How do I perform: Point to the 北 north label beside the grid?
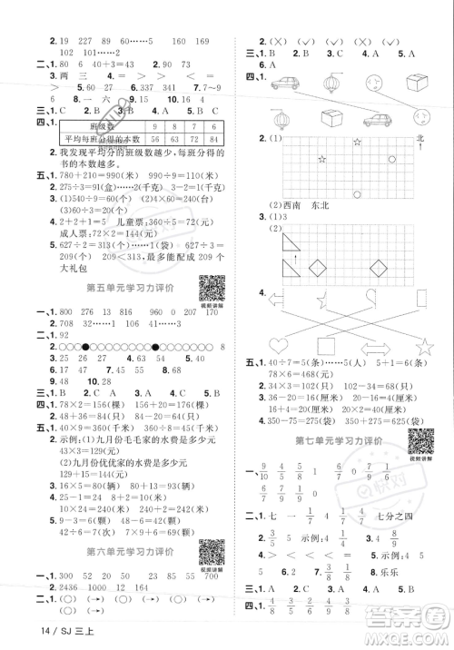click(x=419, y=138)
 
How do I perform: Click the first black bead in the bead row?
click(x=86, y=346)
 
